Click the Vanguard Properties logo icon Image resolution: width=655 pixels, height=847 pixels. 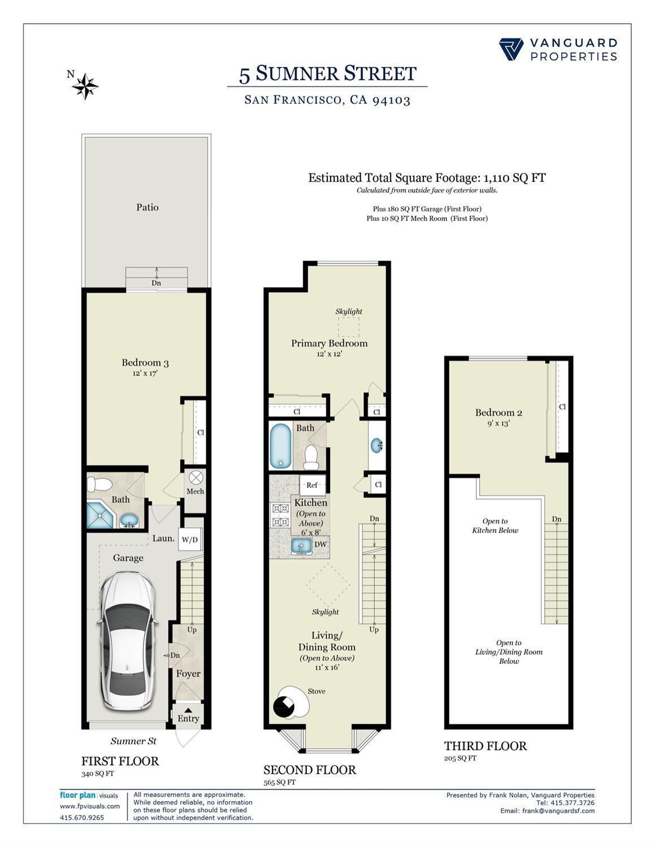pos(511,49)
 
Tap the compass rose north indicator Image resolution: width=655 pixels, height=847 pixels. pos(85,86)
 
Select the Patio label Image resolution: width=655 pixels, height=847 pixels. pos(147,207)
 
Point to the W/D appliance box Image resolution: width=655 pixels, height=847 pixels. pos(190,540)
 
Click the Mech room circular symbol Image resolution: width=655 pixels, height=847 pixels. pos(196,478)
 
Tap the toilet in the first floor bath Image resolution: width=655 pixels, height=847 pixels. pos(101,484)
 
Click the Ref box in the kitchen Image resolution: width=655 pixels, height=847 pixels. pos(312,485)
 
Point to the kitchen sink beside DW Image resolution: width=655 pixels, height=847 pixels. pos(301,546)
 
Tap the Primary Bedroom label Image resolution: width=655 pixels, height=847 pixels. pos(329,343)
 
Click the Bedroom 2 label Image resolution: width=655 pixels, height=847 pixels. pos(498,412)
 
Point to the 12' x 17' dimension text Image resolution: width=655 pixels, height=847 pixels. pos(145,373)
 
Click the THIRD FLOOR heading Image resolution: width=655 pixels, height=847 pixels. pos(485,746)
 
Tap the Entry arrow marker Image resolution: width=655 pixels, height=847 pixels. pos(188,710)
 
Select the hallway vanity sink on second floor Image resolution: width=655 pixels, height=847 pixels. pos(377,446)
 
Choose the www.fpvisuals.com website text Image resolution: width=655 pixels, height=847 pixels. pos(90,806)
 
